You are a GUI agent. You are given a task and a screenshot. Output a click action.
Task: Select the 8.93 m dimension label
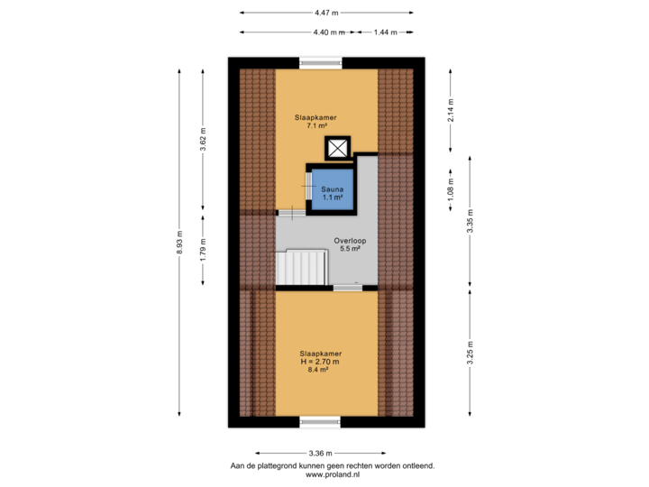pos(179,245)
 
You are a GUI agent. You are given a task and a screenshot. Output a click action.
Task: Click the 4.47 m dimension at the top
pos(325,13)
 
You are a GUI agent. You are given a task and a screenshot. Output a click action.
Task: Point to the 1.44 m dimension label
pos(385,32)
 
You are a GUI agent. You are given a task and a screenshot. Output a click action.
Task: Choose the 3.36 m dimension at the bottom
pos(320,453)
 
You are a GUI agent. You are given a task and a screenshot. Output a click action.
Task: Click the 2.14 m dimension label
pos(451,111)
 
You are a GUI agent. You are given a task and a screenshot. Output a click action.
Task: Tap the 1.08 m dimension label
pos(451,188)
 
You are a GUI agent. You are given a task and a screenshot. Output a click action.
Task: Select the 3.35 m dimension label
pos(470,220)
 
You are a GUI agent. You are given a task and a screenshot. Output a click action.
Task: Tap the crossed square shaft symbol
pos(336,149)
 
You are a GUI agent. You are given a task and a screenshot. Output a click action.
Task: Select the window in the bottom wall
pos(320,421)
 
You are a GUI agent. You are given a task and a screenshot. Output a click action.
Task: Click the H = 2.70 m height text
pos(320,361)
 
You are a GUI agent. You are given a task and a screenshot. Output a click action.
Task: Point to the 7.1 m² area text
pos(316,126)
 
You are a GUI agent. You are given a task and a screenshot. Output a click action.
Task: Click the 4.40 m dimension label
pos(329,32)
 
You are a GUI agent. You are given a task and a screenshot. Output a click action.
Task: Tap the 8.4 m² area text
pos(320,369)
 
